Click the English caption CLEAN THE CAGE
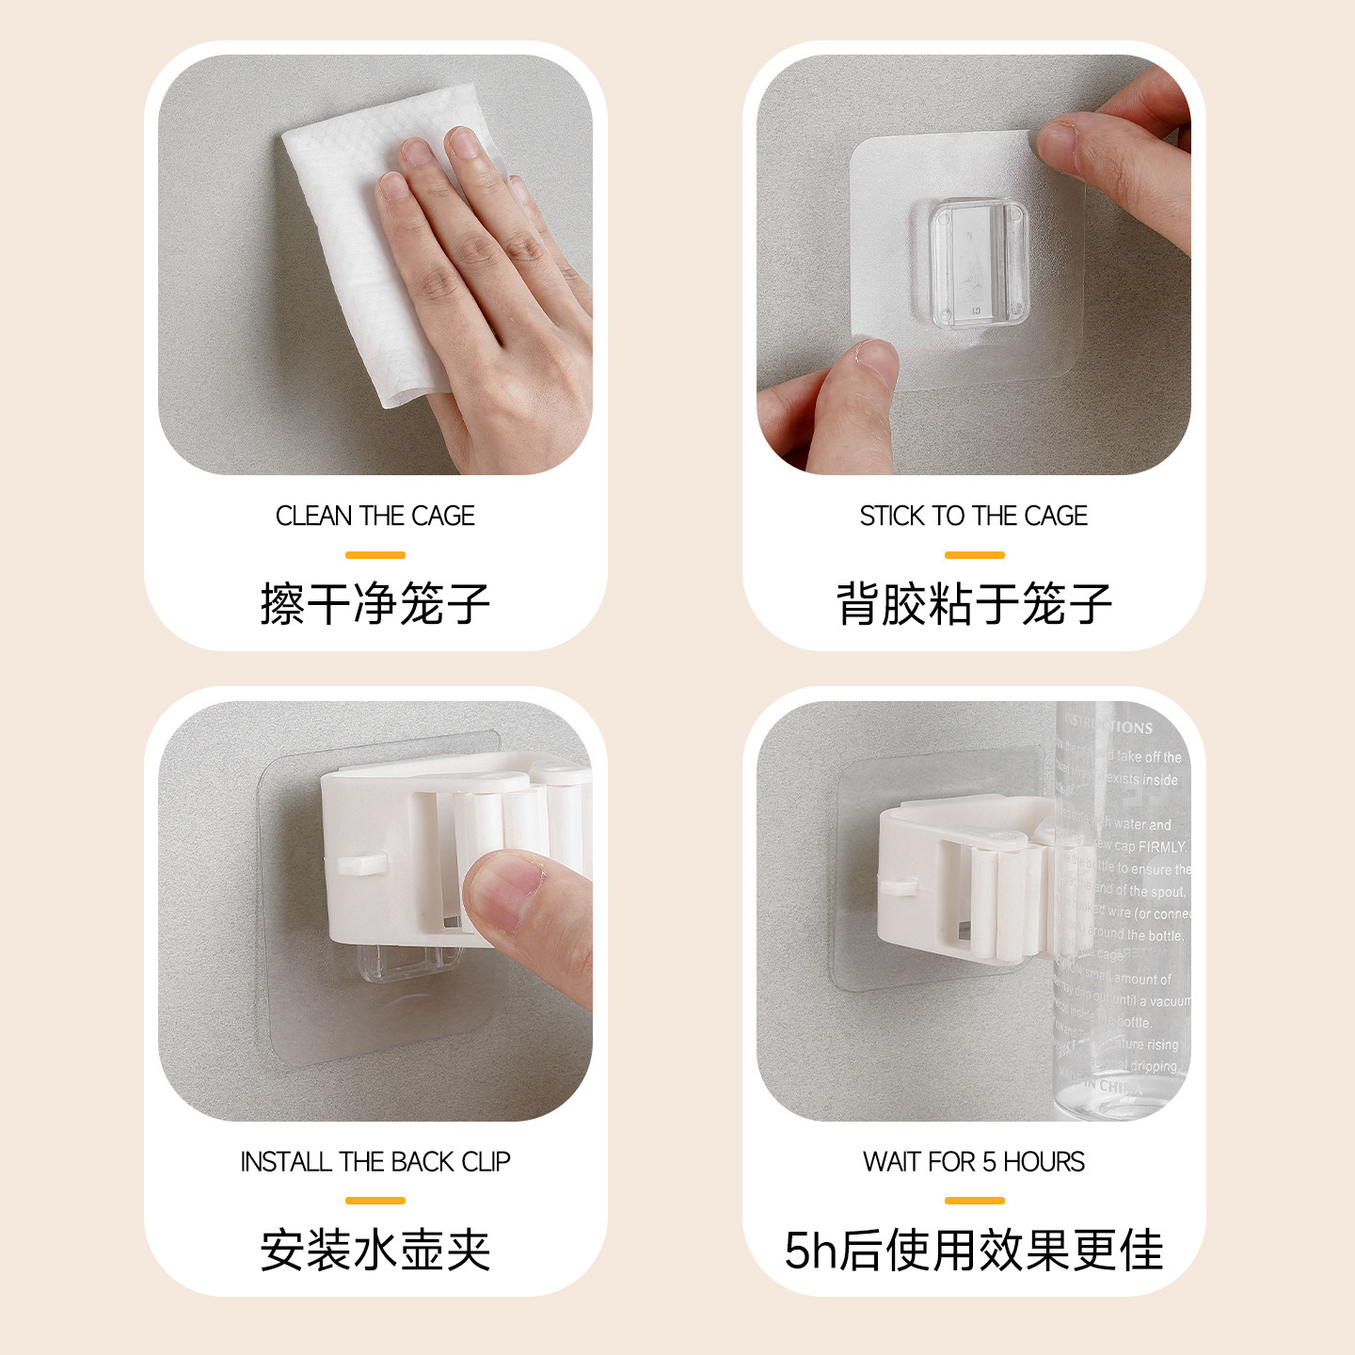coord(375,516)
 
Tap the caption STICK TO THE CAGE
coord(973,516)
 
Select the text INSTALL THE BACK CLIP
coord(375,1162)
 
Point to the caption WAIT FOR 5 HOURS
coord(973,1162)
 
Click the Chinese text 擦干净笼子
coord(375,603)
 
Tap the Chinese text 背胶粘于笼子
coord(973,603)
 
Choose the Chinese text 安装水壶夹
coord(375,1250)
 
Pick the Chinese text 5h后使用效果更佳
coord(973,1250)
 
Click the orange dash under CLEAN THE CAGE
coord(375,555)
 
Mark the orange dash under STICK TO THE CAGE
coord(974,555)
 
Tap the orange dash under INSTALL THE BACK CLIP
coord(375,1201)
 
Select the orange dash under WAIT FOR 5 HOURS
coord(974,1201)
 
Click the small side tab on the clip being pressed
coord(359,864)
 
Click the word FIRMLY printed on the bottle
coord(1161,847)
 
